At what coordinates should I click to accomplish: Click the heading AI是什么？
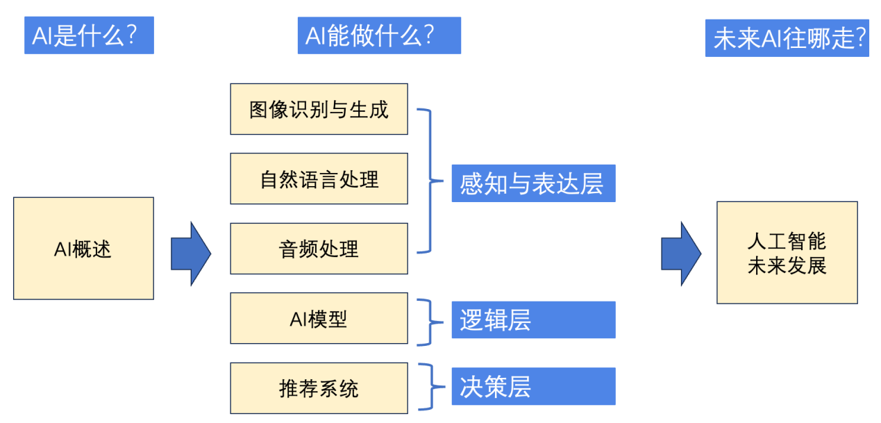pyautogui.click(x=89, y=35)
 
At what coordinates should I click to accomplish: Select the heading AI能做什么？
pyautogui.click(x=379, y=35)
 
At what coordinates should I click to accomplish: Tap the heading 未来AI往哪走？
pyautogui.click(x=787, y=38)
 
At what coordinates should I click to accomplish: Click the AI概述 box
pyautogui.click(x=83, y=249)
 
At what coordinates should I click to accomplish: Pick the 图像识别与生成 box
pyautogui.click(x=319, y=109)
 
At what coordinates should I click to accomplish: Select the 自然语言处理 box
pyautogui.click(x=319, y=179)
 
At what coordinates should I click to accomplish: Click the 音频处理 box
pyautogui.click(x=319, y=249)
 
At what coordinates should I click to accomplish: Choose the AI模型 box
pyautogui.click(x=319, y=318)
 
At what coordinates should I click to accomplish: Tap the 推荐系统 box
pyautogui.click(x=319, y=388)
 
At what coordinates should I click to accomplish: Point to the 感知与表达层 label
pyautogui.click(x=533, y=183)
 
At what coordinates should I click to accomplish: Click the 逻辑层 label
pyautogui.click(x=533, y=320)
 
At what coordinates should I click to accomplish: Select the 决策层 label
pyautogui.click(x=533, y=386)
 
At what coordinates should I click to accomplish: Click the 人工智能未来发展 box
pyautogui.click(x=787, y=253)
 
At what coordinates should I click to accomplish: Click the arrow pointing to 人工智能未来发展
pyautogui.click(x=681, y=254)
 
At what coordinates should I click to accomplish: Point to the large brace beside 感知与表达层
pyautogui.click(x=431, y=181)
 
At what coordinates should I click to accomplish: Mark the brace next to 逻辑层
pyautogui.click(x=431, y=322)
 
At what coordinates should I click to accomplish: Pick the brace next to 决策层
pyautogui.click(x=431, y=387)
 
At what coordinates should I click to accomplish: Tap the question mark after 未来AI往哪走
pyautogui.click(x=860, y=38)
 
